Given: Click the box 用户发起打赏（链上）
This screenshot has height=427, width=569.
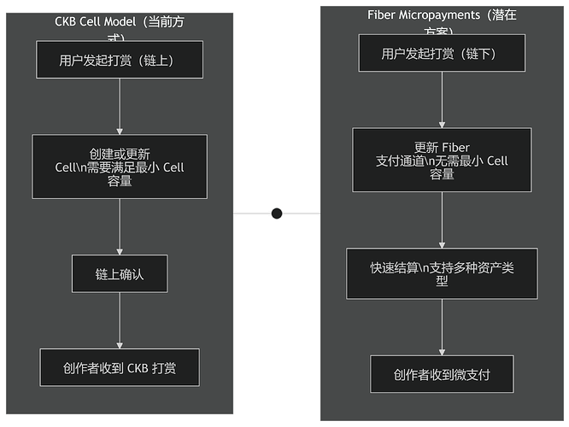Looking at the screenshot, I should coord(120,60).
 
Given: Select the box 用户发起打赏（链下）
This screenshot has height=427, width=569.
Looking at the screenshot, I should coord(441,55).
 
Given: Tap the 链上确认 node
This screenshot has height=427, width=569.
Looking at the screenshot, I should coord(120,273).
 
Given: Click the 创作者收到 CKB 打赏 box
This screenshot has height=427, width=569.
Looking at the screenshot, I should coord(120,369).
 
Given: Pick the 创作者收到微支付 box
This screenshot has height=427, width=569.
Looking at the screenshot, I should coord(442,375).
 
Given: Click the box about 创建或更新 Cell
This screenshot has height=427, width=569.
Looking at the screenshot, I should coord(120,166).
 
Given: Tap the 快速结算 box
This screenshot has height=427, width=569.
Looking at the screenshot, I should coord(442,273).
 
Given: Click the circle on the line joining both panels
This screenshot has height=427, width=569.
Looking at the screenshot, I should coord(277,213).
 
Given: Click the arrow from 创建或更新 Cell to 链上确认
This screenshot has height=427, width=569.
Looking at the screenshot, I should coord(120,226).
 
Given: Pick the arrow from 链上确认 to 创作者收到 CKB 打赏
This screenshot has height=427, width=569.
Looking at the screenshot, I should coord(120,319).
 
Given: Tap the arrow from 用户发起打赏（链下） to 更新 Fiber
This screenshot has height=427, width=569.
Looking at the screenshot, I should coord(442,100).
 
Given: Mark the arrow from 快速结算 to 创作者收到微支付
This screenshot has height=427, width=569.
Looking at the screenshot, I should coord(442,327).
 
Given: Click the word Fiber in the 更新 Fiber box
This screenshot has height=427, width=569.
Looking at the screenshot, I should coord(456,148).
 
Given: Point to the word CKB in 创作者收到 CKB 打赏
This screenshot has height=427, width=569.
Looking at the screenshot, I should coord(138,369).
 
